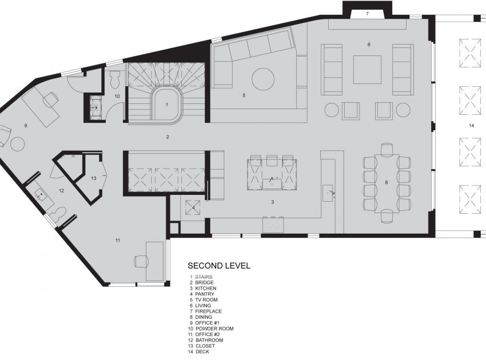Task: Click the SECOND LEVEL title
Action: tap(219, 266)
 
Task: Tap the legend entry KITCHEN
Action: tap(206, 288)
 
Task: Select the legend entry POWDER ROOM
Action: tap(214, 329)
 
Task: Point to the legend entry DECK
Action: tap(202, 351)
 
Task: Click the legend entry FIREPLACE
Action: tap(208, 311)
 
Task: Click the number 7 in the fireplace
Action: tap(367, 14)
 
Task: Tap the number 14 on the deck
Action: tap(472, 126)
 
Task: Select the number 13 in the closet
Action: tap(94, 178)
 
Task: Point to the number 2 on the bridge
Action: tap(168, 137)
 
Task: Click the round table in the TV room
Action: tap(263, 79)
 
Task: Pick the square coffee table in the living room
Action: tap(367, 69)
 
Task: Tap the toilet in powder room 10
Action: tap(115, 79)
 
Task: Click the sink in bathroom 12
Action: tap(40, 195)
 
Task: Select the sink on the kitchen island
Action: tap(272, 183)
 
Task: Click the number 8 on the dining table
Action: tap(386, 182)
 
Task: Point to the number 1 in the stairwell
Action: tap(167, 105)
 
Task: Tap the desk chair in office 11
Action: tap(141, 261)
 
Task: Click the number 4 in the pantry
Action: tap(193, 207)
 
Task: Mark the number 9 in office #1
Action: tap(26, 126)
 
